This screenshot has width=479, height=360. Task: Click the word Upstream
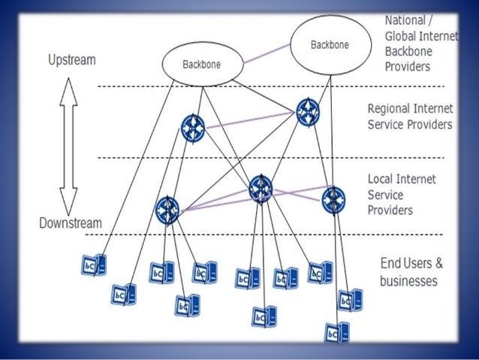72,59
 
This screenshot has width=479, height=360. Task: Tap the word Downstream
71,223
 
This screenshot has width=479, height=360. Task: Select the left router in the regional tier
193,126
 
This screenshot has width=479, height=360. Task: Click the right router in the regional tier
307,112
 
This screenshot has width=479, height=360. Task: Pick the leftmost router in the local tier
167,209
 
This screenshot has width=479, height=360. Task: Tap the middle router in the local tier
261,188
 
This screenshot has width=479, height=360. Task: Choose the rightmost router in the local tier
333,198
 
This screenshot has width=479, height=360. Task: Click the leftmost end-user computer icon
94,265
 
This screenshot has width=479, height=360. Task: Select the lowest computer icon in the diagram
337,331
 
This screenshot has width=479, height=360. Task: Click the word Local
382,180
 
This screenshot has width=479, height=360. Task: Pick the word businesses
408,281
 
